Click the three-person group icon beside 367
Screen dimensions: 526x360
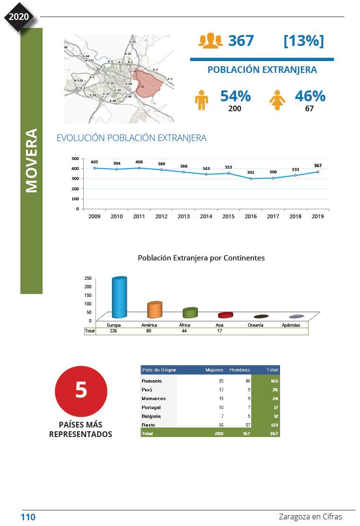pos(210,41)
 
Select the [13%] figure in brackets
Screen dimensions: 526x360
pos(303,41)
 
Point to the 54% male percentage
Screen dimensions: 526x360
pos(235,96)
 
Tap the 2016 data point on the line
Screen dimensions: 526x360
pos(251,178)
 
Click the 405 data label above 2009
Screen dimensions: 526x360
pos(94,162)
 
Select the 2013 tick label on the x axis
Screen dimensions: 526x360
pos(184,216)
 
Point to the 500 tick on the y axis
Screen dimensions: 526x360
pos(75,159)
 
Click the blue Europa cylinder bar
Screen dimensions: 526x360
pos(119,297)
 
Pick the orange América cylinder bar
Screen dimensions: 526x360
pos(154,310)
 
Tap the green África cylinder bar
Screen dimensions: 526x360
pos(190,312)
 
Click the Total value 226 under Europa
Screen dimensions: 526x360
pos(114,331)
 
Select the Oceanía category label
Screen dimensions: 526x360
pos(255,325)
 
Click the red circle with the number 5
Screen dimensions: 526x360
pos(81,391)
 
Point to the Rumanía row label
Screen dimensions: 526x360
pos(152,381)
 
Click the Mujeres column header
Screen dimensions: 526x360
pos(214,370)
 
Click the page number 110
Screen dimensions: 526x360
pos(28,517)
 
